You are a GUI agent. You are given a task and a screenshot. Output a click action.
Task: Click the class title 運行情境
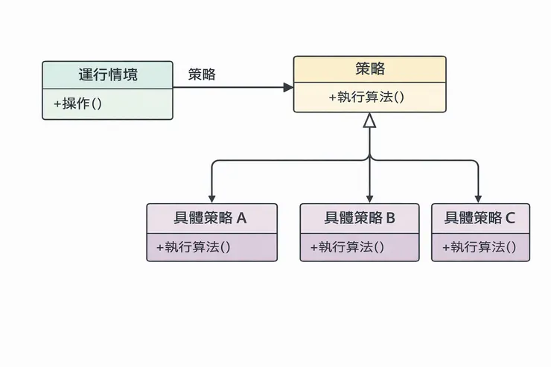pos(108,74)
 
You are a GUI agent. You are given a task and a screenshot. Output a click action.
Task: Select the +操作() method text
pos(78,104)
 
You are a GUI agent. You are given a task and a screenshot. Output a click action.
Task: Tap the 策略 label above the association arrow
pos(202,74)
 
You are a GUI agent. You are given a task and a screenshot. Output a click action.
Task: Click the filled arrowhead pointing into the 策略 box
pos(288,87)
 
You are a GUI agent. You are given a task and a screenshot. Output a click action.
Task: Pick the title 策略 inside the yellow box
pos(370,69)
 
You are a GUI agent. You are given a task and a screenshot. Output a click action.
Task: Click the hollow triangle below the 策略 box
pos(369,121)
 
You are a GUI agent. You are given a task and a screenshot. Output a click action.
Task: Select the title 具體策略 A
pos(211,218)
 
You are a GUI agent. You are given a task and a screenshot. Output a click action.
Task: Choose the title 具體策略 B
pos(360,218)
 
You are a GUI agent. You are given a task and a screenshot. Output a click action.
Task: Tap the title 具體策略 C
pos(480,218)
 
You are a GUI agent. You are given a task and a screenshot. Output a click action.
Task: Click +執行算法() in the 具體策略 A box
pos(194,247)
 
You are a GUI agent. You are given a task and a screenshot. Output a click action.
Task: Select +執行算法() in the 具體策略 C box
pos(480,247)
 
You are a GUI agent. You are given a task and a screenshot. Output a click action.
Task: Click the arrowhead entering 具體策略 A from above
pos(212,198)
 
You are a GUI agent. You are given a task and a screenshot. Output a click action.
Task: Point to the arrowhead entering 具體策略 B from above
pos(369,198)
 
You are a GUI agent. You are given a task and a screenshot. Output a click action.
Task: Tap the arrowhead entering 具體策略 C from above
pos(477,198)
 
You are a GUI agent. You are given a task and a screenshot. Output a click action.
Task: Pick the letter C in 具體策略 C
pos(510,218)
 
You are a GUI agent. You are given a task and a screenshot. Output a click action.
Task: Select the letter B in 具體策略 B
pos(390,218)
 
